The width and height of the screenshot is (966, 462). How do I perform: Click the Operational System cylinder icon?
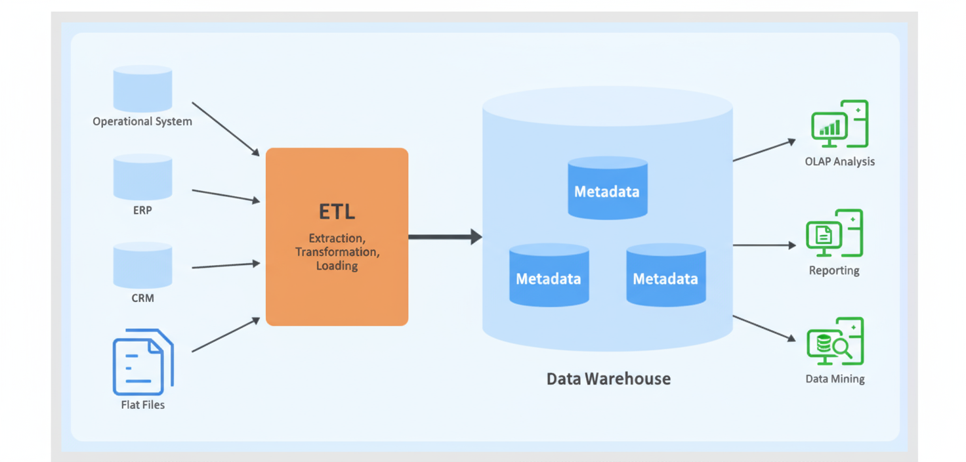pyautogui.click(x=142, y=88)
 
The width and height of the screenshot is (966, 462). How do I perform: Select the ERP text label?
pyautogui.click(x=142, y=211)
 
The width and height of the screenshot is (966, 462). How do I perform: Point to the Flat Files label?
pyautogui.click(x=142, y=405)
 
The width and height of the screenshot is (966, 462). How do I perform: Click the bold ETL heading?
pyautogui.click(x=337, y=212)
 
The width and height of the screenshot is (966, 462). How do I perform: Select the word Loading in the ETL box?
pyautogui.click(x=337, y=266)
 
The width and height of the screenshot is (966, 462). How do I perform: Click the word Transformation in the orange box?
pyautogui.click(x=337, y=252)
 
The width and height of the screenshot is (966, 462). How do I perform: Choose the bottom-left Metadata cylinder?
pyautogui.click(x=549, y=275)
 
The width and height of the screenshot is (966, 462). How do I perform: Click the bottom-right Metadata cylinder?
pyautogui.click(x=665, y=275)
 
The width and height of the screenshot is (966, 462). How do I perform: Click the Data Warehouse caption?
pyautogui.click(x=608, y=379)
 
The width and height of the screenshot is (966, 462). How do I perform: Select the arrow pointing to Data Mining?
pyautogui.click(x=763, y=327)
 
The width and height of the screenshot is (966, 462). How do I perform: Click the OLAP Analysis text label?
pyautogui.click(x=839, y=161)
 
